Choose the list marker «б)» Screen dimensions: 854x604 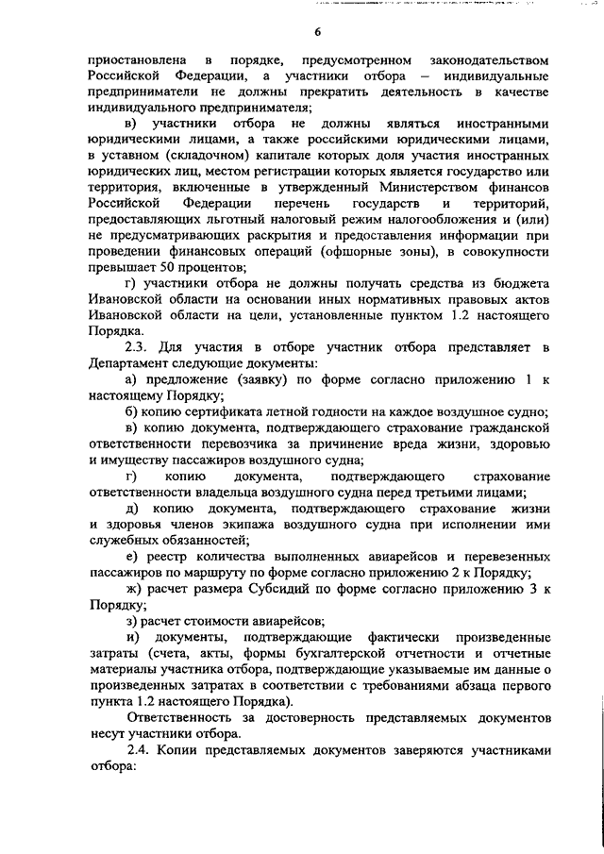132,410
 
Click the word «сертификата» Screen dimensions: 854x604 240,410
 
